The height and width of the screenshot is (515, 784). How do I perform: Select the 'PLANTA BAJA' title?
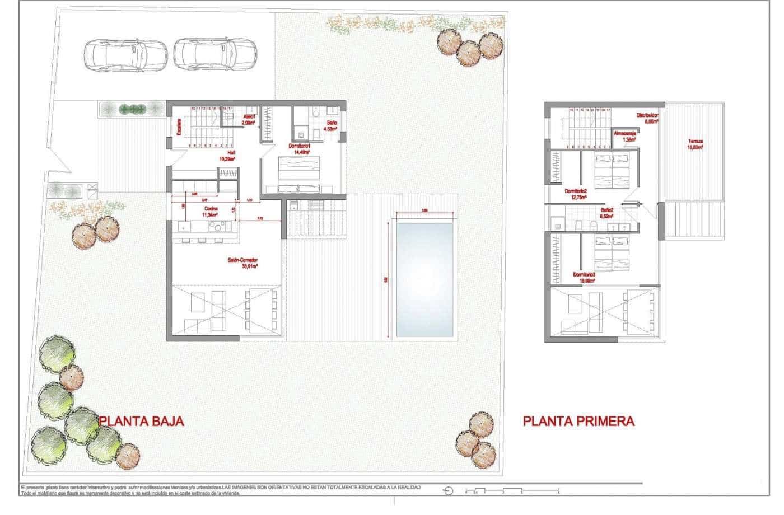pyautogui.click(x=141, y=422)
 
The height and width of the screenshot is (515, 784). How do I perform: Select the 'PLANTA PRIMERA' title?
pyautogui.click(x=578, y=421)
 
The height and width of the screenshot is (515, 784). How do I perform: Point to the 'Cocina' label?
pyautogui.click(x=211, y=208)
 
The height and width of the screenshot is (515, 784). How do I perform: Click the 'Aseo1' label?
pyautogui.click(x=249, y=116)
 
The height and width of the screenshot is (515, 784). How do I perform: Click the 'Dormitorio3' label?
pyautogui.click(x=584, y=274)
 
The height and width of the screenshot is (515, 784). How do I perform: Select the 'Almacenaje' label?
pyautogui.click(x=625, y=133)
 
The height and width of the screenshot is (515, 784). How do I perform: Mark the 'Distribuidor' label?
pyautogui.click(x=647, y=116)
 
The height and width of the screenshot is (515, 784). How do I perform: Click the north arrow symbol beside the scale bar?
pyautogui.click(x=447, y=491)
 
